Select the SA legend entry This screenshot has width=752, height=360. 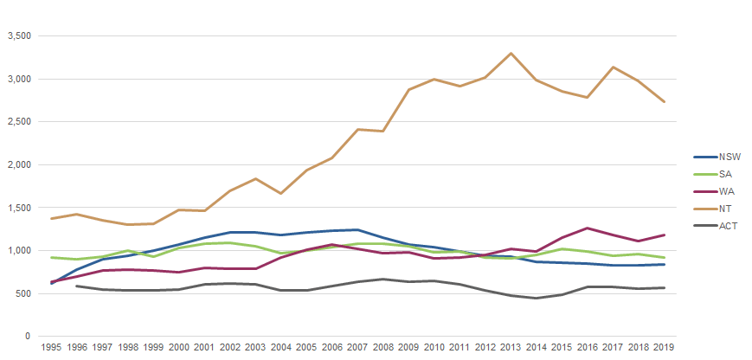713,175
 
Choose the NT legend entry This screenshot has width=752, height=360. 713,209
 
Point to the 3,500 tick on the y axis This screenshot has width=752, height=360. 18,36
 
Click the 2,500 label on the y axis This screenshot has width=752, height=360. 18,122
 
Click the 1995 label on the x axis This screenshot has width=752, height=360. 52,348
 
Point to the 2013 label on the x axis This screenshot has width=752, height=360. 511,348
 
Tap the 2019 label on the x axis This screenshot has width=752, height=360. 664,348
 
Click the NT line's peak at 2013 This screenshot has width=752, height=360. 511,54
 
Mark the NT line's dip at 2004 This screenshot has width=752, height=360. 281,193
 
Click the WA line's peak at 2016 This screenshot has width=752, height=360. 588,228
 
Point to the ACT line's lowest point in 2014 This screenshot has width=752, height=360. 537,299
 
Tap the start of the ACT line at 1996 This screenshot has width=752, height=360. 77,286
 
